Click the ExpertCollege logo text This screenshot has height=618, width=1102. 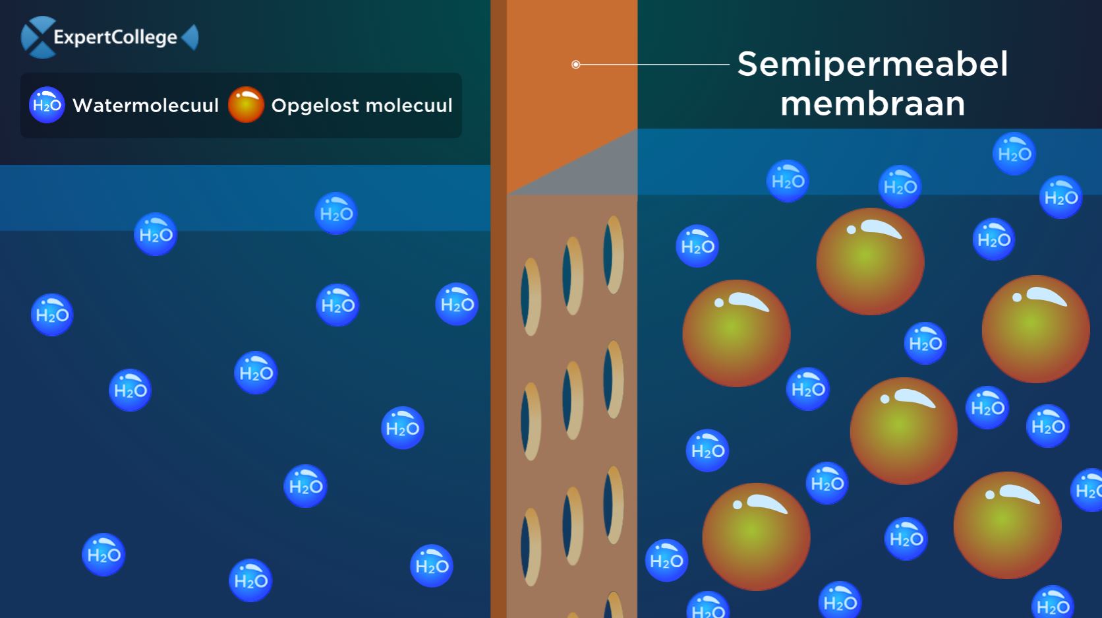pyautogui.click(x=115, y=38)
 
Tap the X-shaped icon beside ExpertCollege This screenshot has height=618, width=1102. pyautogui.click(x=38, y=38)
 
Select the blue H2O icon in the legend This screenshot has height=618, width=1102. pyautogui.click(x=47, y=105)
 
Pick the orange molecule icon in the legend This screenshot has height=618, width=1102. pyautogui.click(x=246, y=105)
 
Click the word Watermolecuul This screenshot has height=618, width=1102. pyautogui.click(x=146, y=106)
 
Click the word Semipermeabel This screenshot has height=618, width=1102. pyautogui.click(x=873, y=64)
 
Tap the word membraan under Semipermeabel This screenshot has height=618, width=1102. pyautogui.click(x=873, y=104)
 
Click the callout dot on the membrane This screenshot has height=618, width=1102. pyautogui.click(x=575, y=65)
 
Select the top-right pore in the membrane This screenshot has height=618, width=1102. pyautogui.click(x=614, y=255)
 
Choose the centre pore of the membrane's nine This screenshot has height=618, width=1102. pyautogui.click(x=573, y=400)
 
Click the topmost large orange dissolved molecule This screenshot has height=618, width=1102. pyautogui.click(x=870, y=262)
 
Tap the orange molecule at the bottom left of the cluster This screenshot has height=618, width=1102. pyautogui.click(x=756, y=536)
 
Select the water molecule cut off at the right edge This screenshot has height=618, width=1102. pyautogui.click(x=1087, y=490)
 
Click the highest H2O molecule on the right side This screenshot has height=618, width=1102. pyautogui.click(x=1014, y=154)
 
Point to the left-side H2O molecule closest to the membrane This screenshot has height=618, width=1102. pyautogui.click(x=457, y=304)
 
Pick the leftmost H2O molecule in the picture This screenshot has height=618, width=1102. pyautogui.click(x=52, y=315)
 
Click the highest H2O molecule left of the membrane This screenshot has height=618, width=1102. pyautogui.click(x=336, y=213)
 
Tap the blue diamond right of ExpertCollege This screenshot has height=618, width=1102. pyautogui.click(x=190, y=38)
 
